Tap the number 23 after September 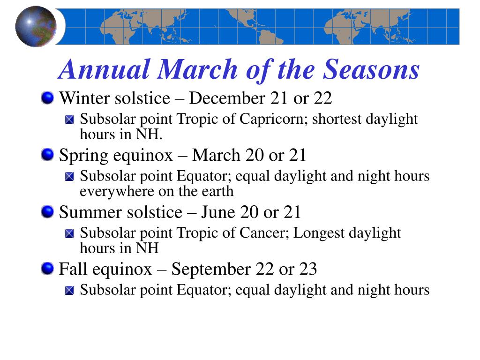pos(307,270)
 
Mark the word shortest pos(337,119)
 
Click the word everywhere pos(111,191)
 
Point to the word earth pos(217,191)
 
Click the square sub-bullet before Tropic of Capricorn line pos(70,120)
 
